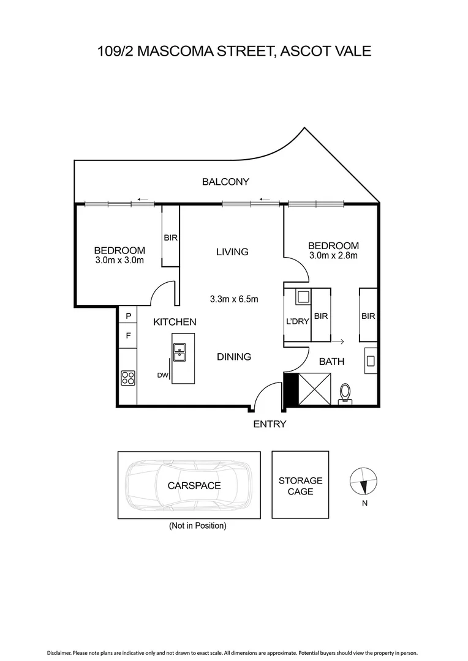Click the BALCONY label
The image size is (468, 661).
[226, 181]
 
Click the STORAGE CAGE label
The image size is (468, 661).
[300, 486]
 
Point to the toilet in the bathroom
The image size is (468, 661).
[345, 393]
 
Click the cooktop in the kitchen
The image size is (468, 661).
[128, 378]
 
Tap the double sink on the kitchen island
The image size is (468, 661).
[179, 353]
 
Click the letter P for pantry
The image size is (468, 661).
[129, 316]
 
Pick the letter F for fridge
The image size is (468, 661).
[129, 335]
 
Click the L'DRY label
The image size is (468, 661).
[297, 321]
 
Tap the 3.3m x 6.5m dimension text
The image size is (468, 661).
[234, 299]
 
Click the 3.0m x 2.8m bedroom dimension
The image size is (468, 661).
[333, 256]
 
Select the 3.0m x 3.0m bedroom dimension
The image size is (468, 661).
[119, 260]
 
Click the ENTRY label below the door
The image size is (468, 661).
[270, 424]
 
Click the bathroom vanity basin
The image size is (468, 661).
[371, 360]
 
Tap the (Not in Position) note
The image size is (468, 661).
[198, 526]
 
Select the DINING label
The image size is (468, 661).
[234, 357]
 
